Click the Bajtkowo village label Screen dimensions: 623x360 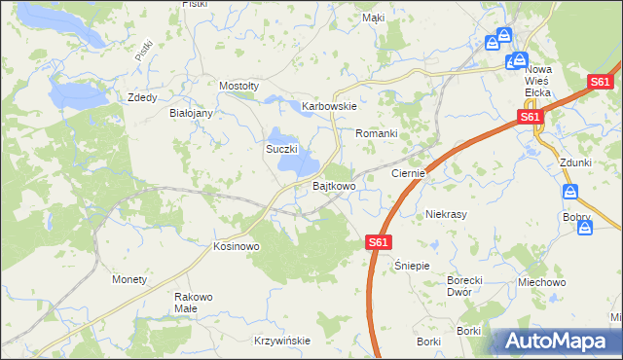pyautogui.click(x=333, y=185)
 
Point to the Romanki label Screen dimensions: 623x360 pyautogui.click(x=377, y=132)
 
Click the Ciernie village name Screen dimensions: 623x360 pyautogui.click(x=408, y=173)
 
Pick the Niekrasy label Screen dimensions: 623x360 pyautogui.click(x=448, y=213)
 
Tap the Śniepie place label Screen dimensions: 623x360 pyautogui.click(x=412, y=265)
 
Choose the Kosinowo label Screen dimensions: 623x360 pyautogui.click(x=236, y=247)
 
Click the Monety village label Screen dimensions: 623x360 pyautogui.click(x=129, y=279)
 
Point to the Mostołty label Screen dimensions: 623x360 pyautogui.click(x=238, y=86)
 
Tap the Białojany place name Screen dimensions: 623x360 pyautogui.click(x=191, y=113)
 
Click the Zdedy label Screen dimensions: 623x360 pyautogui.click(x=143, y=97)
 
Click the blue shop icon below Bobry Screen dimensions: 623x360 pyautogui.click(x=585, y=228)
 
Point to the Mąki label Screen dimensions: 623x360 pyautogui.click(x=373, y=18)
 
